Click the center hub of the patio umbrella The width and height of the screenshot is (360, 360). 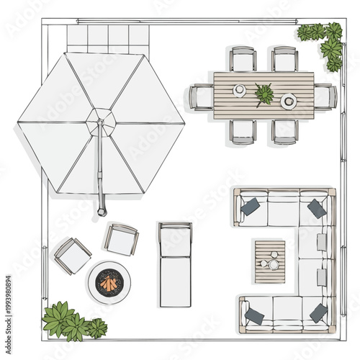click(x=101, y=121)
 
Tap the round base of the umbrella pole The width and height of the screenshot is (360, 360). click(x=102, y=212)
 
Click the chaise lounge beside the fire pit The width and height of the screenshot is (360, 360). click(x=175, y=263)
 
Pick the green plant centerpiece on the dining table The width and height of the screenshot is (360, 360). click(x=264, y=94)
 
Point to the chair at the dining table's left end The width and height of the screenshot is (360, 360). click(x=202, y=96)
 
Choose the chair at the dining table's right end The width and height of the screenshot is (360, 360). click(x=325, y=96)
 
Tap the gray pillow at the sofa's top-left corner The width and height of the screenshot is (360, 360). click(x=250, y=207)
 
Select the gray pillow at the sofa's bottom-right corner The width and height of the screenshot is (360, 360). click(x=318, y=312)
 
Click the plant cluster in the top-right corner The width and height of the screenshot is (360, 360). click(x=325, y=42)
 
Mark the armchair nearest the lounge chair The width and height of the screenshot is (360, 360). click(x=121, y=238)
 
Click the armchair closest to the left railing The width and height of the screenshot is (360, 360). click(x=72, y=254)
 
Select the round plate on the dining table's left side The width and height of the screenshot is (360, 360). click(x=239, y=91)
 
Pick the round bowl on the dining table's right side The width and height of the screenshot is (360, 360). click(x=289, y=100)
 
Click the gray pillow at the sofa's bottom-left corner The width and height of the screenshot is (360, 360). click(x=253, y=315)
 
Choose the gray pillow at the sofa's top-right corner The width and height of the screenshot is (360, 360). click(x=317, y=208)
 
